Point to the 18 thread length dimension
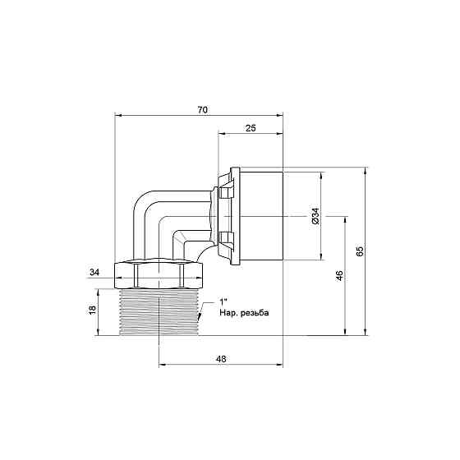[x=90, y=310]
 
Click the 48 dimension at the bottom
[x=220, y=358]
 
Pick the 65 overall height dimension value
[x=359, y=251]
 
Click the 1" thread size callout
[x=224, y=301]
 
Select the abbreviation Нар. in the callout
[x=228, y=314]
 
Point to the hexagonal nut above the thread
[x=159, y=274]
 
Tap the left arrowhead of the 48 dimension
[x=162, y=366]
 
